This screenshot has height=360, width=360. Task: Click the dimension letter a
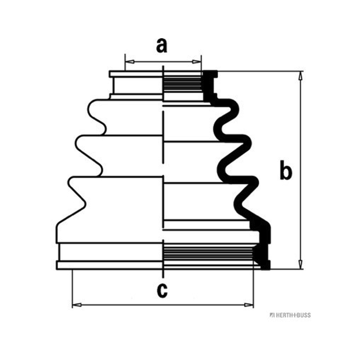[x=162, y=46]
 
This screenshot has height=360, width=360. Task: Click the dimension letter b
[x=286, y=170]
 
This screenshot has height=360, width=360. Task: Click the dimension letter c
[x=162, y=290]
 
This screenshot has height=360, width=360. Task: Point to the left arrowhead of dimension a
[x=130, y=62]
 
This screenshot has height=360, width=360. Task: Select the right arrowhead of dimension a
[x=197, y=62]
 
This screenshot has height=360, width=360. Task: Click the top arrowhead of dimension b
[x=300, y=76]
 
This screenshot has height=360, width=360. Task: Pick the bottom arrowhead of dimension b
[x=300, y=265]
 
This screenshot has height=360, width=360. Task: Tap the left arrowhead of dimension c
[x=77, y=305]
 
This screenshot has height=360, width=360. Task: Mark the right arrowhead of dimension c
[x=249, y=305]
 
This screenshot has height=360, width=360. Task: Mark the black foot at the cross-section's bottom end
[x=264, y=257]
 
